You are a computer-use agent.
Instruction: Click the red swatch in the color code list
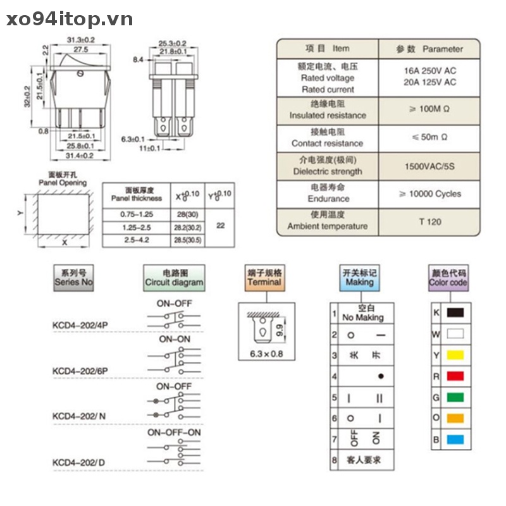[x=455, y=376]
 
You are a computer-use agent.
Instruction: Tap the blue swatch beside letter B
[x=455, y=440]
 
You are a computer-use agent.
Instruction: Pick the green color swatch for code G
[x=455, y=397]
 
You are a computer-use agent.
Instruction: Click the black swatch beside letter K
[x=455, y=312]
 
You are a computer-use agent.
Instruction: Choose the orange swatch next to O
[x=455, y=418]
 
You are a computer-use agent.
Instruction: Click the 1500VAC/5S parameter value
[x=430, y=166]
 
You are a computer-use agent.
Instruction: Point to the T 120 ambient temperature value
[x=430, y=221]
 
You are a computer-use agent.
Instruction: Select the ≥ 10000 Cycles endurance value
[x=430, y=194]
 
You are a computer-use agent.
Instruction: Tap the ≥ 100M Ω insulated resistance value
[x=430, y=109]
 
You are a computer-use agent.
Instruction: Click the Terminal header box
[x=264, y=278]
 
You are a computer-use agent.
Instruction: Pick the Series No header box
[x=73, y=278]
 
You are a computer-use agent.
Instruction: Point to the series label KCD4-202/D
[x=79, y=462]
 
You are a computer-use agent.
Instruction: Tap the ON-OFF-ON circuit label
[x=175, y=432]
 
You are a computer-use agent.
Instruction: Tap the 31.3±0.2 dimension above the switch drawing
[x=81, y=40]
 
